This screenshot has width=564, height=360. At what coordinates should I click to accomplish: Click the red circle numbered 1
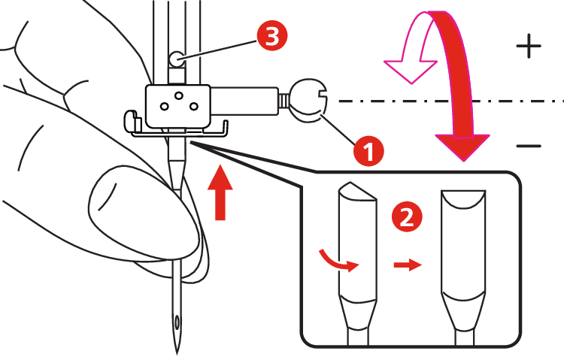tap(368, 150)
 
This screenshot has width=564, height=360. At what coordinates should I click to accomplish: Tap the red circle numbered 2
tap(407, 218)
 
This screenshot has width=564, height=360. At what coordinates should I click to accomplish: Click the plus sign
tap(529, 47)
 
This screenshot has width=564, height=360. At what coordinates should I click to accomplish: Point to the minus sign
tap(529, 145)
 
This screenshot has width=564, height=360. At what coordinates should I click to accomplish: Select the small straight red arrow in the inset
tap(407, 266)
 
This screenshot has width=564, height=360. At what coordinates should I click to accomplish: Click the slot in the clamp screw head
tap(322, 95)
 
